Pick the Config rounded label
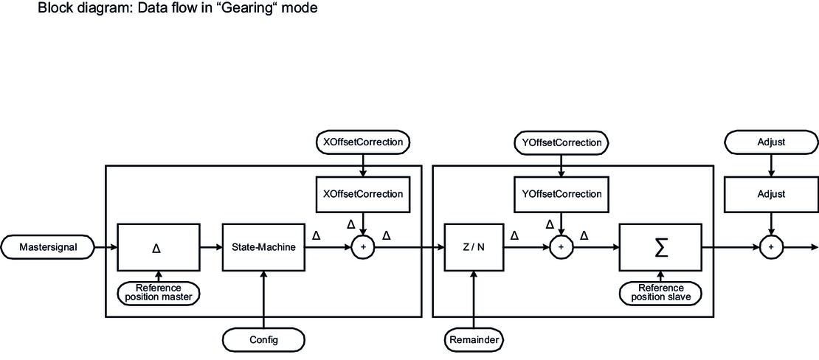coord(263,340)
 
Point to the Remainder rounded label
coord(474,340)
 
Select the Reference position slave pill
coord(661,291)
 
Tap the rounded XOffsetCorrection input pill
coord(362,141)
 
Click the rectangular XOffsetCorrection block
coord(362,194)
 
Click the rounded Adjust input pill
coord(770,141)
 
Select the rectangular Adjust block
coord(770,194)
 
